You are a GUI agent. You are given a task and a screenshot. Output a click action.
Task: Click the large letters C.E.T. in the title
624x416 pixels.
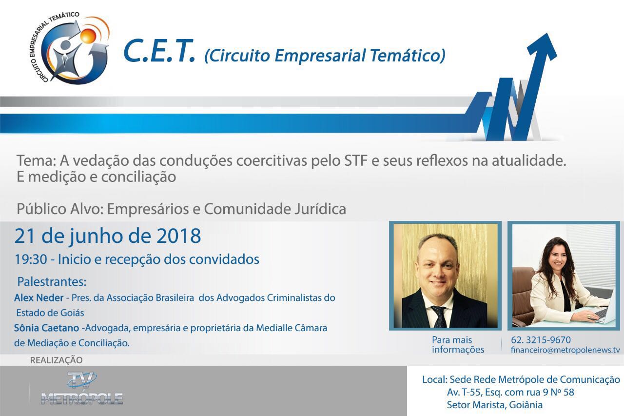pyautogui.click(x=159, y=51)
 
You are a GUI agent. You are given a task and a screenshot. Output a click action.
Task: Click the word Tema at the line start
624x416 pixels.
pyautogui.click(x=35, y=161)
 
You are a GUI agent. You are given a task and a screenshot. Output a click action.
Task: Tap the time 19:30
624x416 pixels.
pyautogui.click(x=31, y=259)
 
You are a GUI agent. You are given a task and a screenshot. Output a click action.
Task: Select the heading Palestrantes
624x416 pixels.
pyautogui.click(x=52, y=282)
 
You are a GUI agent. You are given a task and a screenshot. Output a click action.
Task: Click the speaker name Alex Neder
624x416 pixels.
pyautogui.click(x=39, y=298)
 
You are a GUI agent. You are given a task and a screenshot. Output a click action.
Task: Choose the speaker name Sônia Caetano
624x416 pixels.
pyautogui.click(x=46, y=328)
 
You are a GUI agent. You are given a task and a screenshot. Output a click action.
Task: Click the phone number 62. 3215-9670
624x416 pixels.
pyautogui.click(x=541, y=340)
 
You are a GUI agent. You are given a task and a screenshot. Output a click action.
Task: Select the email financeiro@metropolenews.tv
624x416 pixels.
pyautogui.click(x=565, y=350)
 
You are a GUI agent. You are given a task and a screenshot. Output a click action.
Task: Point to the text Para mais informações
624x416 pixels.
pyautogui.click(x=458, y=345)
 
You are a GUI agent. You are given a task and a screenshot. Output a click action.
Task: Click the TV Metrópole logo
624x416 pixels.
pyautogui.click(x=82, y=389)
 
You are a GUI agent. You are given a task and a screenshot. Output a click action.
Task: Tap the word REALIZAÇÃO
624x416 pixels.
pyautogui.click(x=56, y=360)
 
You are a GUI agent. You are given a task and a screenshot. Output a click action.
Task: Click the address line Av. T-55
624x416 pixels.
pyautogui.click(x=510, y=392)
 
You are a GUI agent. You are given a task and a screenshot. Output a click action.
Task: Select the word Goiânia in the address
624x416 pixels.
pyautogui.click(x=526, y=405)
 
